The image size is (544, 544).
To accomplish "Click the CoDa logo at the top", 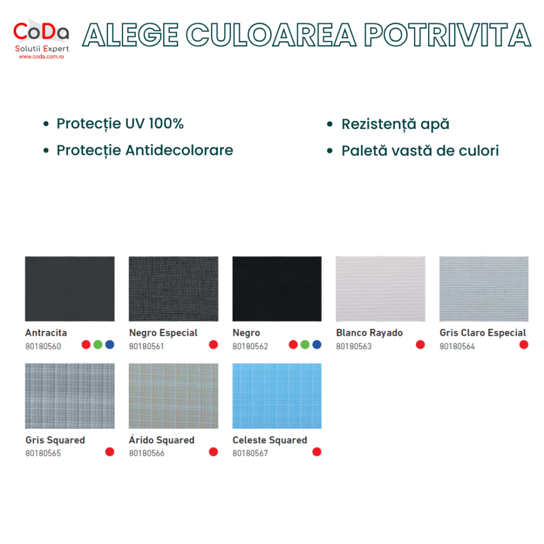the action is coord(41,39).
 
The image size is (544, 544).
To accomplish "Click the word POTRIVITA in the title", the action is coord(448,35).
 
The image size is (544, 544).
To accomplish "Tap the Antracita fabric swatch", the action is coord(70,289).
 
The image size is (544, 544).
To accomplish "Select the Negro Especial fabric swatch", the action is coord(174,289).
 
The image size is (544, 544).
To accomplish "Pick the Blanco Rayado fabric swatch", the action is coord(380,289).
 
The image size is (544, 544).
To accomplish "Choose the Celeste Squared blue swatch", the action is coord(277,396).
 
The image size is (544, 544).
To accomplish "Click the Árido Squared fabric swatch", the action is coord(174,396).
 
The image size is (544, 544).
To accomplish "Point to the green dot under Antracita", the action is coord(98,344).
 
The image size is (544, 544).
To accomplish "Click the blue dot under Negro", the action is coord(317,344).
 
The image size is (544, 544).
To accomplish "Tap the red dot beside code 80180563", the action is coord(420,344).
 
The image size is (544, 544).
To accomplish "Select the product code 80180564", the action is coord(458,346).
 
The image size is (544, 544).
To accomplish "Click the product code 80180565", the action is coord(43,453).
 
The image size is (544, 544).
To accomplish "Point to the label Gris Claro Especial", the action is coord(483,333).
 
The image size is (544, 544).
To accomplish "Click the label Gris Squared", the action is coord(55,440).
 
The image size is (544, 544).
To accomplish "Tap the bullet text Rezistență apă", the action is coord(395,124).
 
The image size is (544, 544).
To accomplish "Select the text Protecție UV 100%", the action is coord(120,123).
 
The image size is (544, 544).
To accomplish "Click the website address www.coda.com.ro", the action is coord(41,57).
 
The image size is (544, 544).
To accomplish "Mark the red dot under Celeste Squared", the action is coord(317,452).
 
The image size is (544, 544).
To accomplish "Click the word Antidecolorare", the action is coord(180,150).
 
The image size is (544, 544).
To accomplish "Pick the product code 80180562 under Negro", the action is coord(250,346).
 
